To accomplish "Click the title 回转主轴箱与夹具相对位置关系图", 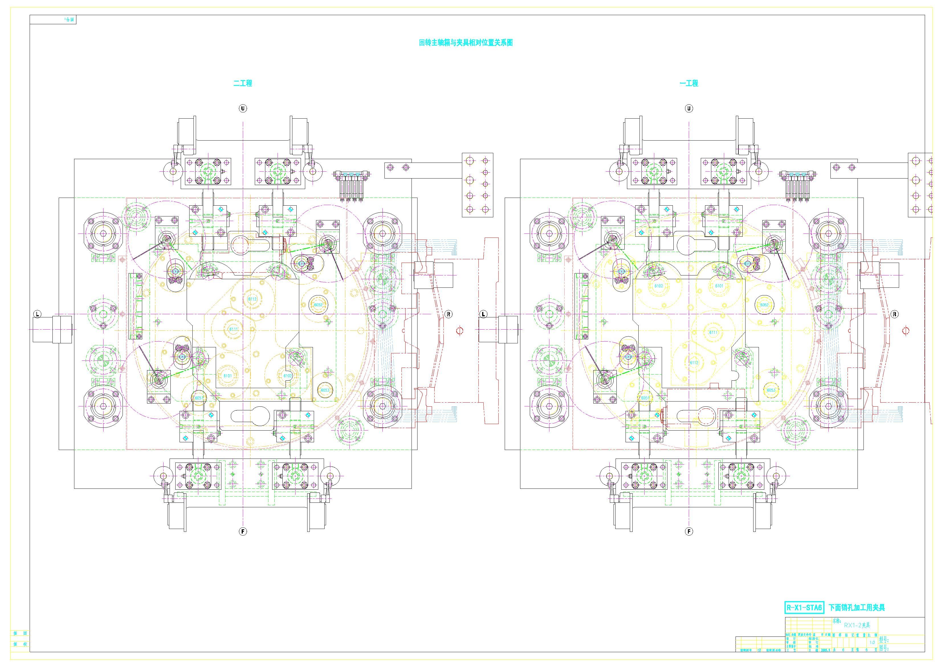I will [466, 43].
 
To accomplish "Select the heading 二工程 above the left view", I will [243, 83].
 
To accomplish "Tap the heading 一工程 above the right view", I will [689, 83].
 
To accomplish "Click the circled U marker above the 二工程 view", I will [243, 108].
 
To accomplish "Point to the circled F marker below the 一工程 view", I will [689, 531].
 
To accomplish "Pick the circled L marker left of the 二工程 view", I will [37, 314].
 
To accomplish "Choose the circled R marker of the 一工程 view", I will [895, 314].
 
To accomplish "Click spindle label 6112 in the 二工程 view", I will [252, 299].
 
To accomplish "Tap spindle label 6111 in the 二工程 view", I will [234, 329].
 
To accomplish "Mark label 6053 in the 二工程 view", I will [325, 390].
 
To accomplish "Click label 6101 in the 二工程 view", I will [227, 376].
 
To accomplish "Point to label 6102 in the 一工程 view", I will [659, 286].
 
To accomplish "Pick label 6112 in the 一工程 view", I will [694, 362].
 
